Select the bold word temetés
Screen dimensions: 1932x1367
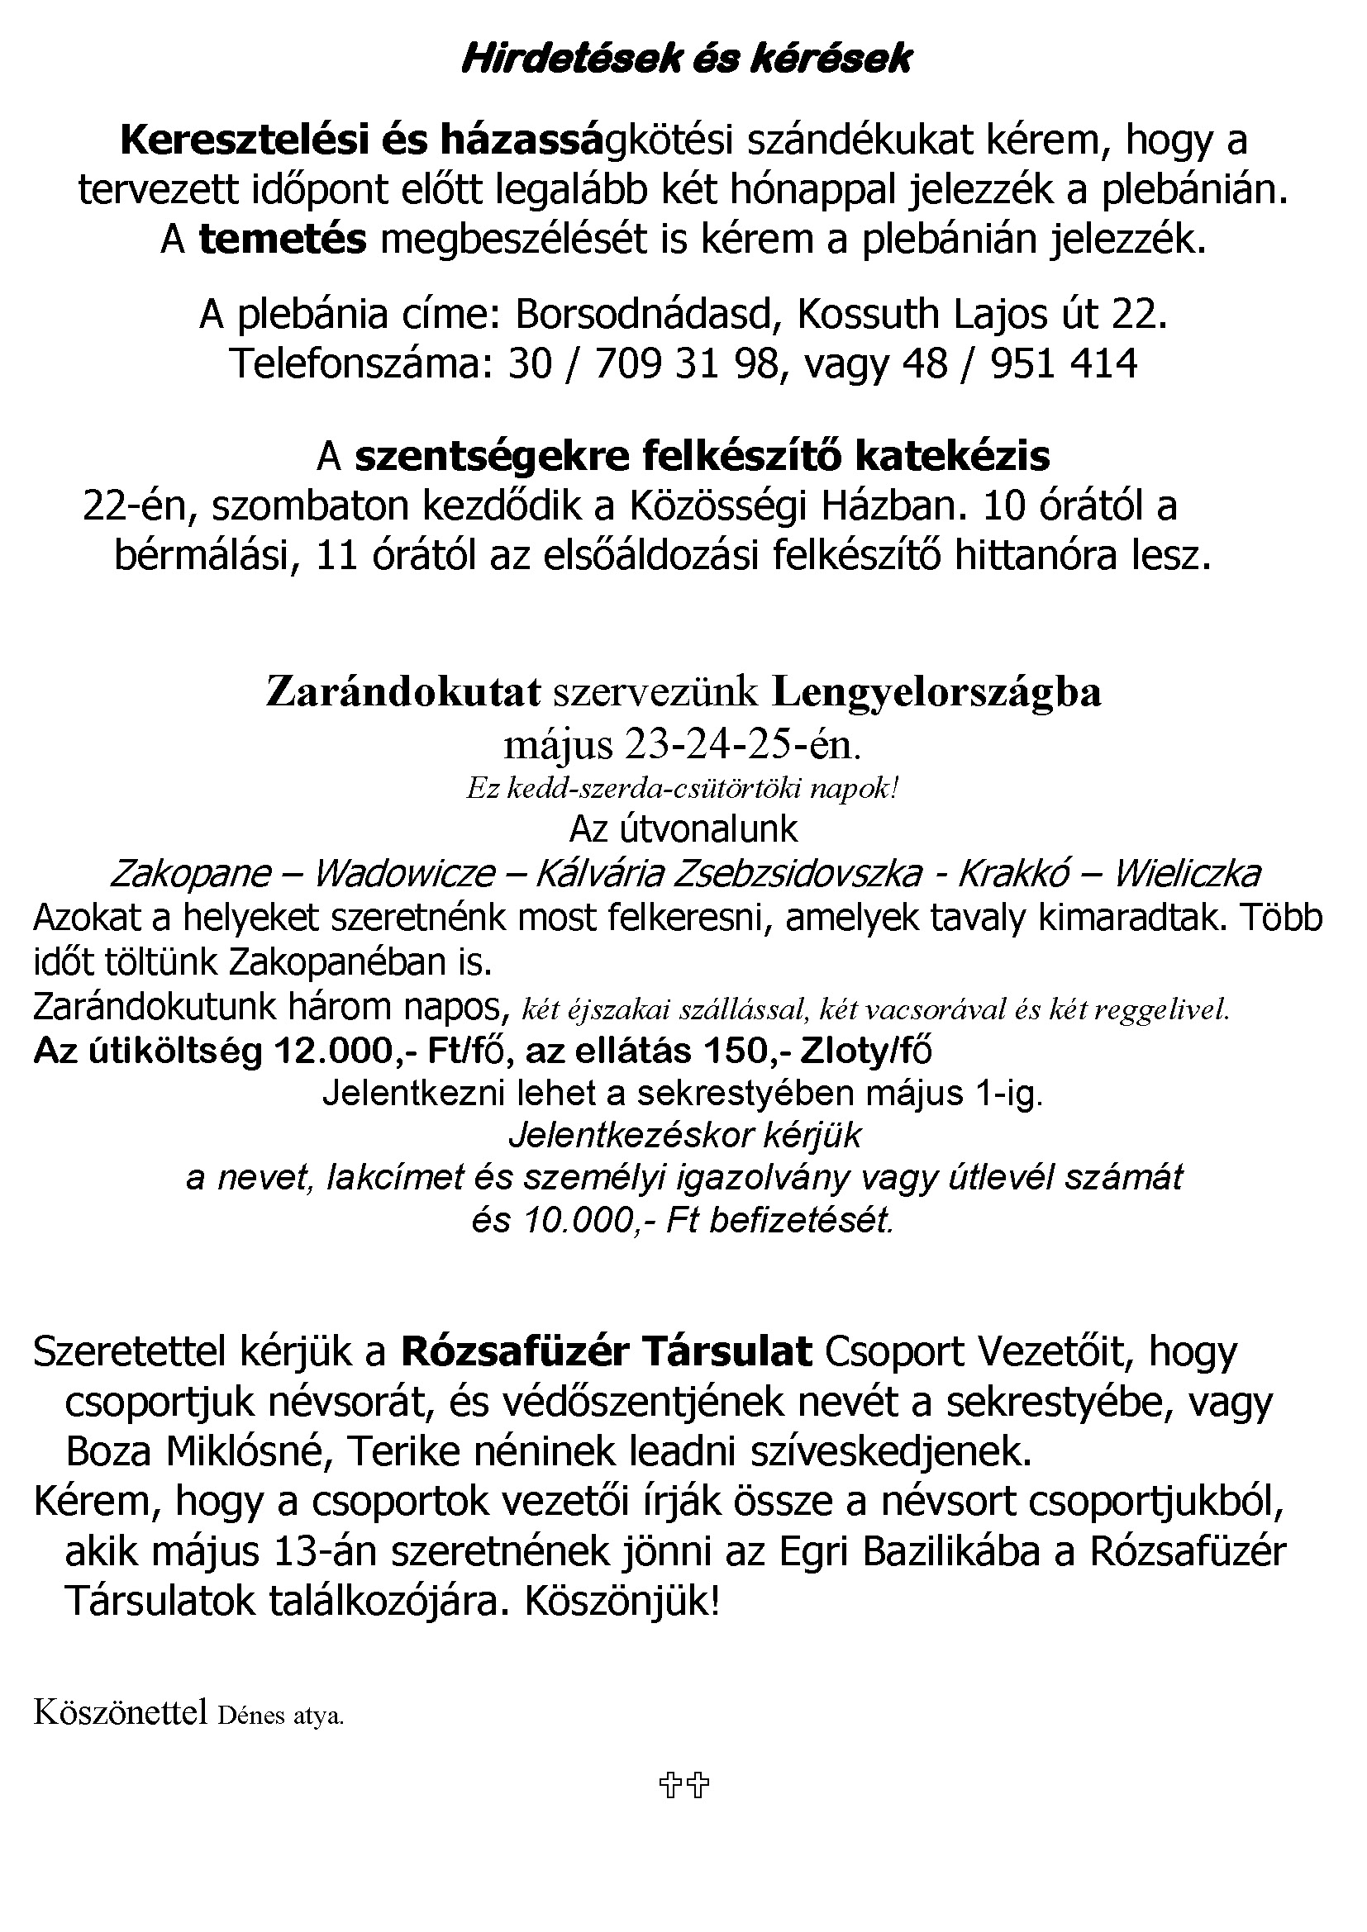pyautogui.click(x=283, y=240)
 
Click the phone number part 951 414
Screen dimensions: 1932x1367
pyautogui.click(x=1064, y=363)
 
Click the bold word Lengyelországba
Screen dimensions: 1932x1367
pyautogui.click(x=936, y=692)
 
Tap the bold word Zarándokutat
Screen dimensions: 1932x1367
pyautogui.click(x=403, y=692)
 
